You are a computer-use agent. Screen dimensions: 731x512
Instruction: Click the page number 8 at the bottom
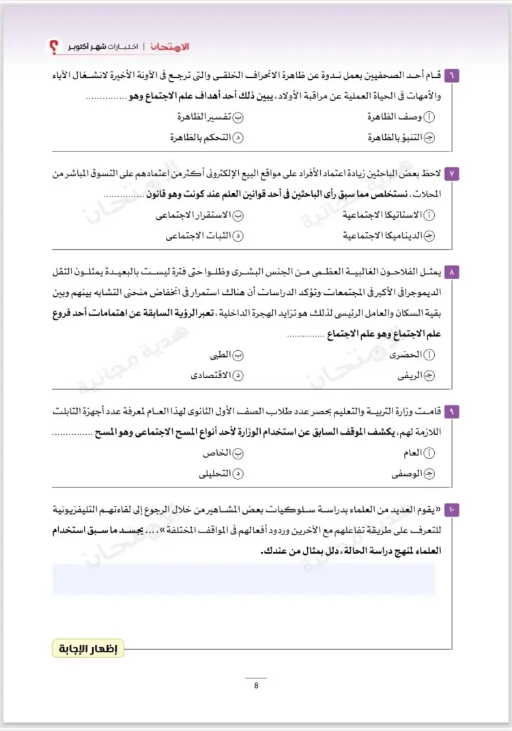coord(256,686)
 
